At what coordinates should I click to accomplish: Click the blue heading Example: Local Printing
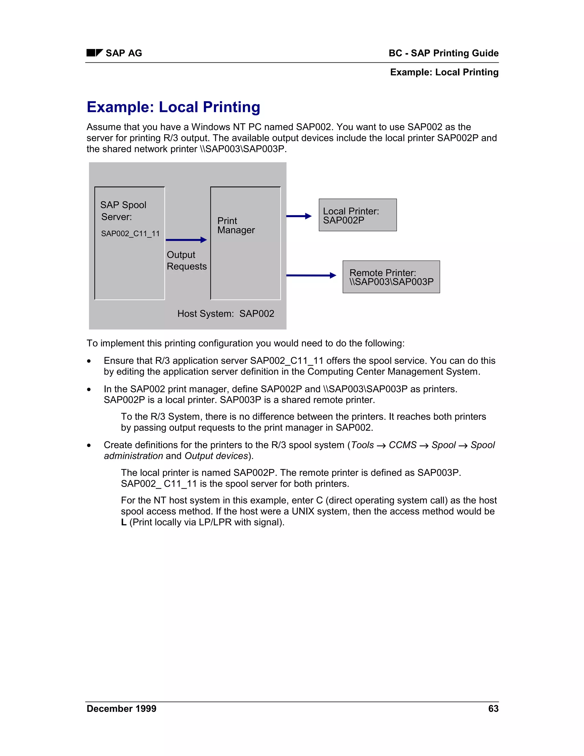tap(173, 107)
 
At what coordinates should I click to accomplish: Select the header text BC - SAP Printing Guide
tap(443, 53)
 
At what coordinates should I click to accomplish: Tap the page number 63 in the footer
tap(493, 709)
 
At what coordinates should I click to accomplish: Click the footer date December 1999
tap(121, 709)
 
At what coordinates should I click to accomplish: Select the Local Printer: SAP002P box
tap(357, 215)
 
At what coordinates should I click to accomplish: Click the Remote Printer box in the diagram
tap(391, 277)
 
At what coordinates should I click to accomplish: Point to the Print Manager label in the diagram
tap(236, 225)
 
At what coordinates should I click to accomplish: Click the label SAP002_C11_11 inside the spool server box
tap(130, 234)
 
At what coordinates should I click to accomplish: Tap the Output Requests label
tap(186, 260)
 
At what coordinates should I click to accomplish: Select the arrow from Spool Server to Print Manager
tap(186, 240)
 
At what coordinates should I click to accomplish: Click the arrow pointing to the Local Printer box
tap(299, 216)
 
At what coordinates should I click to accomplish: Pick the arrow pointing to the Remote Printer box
tap(311, 276)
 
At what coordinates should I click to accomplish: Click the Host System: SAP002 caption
tap(226, 314)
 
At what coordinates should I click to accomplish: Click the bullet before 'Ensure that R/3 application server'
tap(89, 361)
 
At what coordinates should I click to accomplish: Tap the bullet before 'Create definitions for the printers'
tap(89, 446)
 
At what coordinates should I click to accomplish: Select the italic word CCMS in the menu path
tap(402, 445)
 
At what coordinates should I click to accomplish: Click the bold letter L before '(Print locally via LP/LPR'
tap(123, 522)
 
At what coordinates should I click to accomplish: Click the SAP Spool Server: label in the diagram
tap(123, 211)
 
